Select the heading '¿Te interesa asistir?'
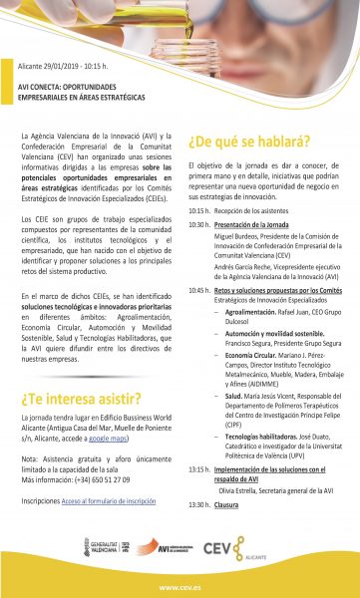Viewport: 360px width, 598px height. pyautogui.click(x=79, y=371)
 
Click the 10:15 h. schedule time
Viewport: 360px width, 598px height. pyautogui.click(x=197, y=211)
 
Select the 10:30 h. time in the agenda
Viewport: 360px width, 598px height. pyautogui.click(x=197, y=225)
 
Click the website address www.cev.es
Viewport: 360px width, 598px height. pyautogui.click(x=180, y=587)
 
